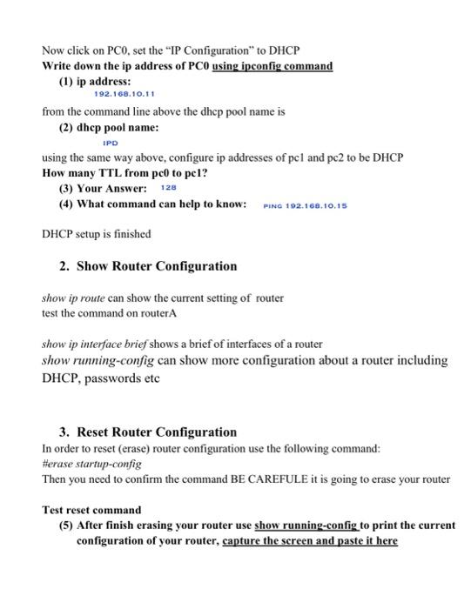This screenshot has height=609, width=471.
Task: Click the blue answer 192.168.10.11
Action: (x=124, y=94)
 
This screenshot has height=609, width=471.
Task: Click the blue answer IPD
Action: (x=110, y=143)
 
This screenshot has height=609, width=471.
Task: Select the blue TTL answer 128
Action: (x=169, y=187)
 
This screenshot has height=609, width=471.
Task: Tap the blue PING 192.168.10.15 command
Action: (x=304, y=206)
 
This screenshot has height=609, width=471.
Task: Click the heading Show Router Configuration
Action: (x=156, y=266)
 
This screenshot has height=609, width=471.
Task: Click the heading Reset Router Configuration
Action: (x=156, y=432)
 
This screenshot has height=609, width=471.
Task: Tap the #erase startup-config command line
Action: (x=91, y=464)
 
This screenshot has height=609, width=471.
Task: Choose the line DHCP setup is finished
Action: (x=97, y=234)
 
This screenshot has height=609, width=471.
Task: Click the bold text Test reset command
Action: (x=91, y=510)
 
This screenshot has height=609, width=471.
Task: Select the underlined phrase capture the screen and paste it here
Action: (x=310, y=541)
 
